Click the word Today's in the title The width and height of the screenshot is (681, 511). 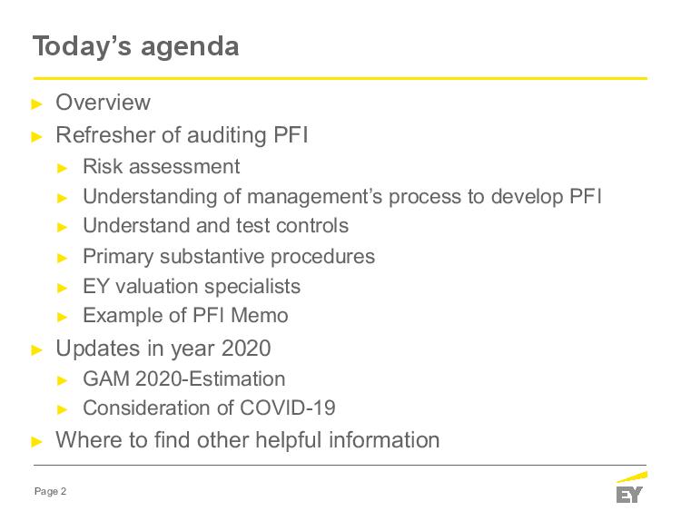pyautogui.click(x=82, y=46)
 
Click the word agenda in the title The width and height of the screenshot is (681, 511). pyautogui.click(x=190, y=48)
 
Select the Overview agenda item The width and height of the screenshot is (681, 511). pyautogui.click(x=103, y=103)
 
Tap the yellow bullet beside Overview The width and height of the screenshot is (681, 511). pyautogui.click(x=37, y=104)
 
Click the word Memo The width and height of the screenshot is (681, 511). pyautogui.click(x=260, y=315)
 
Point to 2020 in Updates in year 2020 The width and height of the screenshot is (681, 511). pyautogui.click(x=246, y=349)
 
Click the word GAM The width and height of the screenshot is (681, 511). pyautogui.click(x=106, y=378)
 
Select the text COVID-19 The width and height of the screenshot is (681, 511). pyautogui.click(x=287, y=408)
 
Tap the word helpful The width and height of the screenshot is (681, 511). pyautogui.click(x=289, y=439)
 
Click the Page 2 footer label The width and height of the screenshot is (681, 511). pyautogui.click(x=50, y=491)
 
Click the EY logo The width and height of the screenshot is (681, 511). pyautogui.click(x=631, y=487)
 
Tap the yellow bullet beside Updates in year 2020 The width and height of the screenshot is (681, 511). pyautogui.click(x=37, y=350)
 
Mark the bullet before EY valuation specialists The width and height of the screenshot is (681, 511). pyautogui.click(x=63, y=288)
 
